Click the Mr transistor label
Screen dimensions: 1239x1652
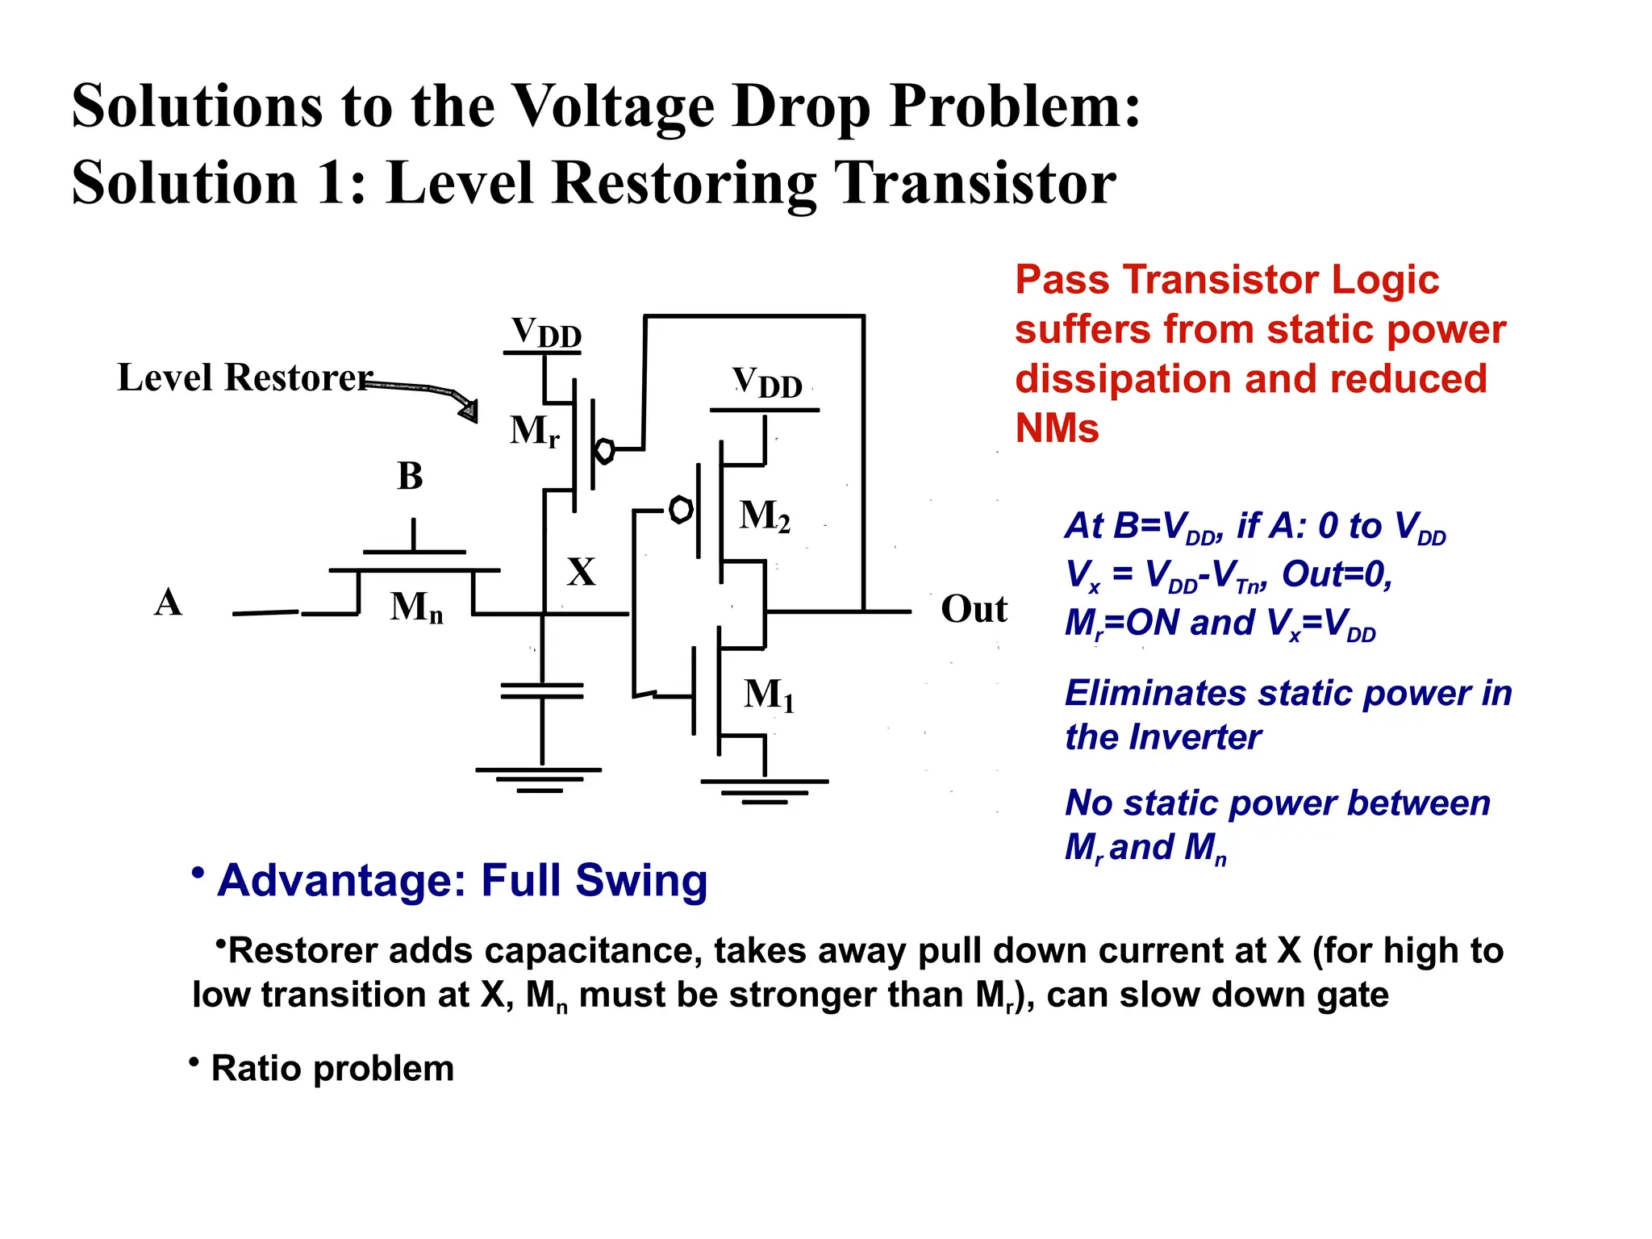point(534,431)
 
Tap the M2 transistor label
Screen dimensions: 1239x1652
point(764,515)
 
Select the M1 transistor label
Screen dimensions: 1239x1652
point(769,695)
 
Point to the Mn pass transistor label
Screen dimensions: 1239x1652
point(416,607)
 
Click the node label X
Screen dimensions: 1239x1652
point(581,572)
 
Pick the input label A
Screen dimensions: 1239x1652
point(168,602)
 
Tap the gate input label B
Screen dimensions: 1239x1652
point(410,476)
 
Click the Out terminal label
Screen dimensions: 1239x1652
point(974,609)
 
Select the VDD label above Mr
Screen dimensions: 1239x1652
point(546,332)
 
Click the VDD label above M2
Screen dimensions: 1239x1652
point(766,382)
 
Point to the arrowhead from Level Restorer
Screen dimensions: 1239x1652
point(468,410)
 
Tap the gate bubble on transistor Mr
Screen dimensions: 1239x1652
point(604,450)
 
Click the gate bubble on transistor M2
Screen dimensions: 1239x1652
point(681,510)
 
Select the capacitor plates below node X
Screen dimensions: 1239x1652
point(542,690)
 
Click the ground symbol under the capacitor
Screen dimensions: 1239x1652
point(539,779)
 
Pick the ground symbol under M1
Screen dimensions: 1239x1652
point(764,791)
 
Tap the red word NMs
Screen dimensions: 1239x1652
point(1057,428)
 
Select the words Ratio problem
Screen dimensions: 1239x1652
point(332,1069)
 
